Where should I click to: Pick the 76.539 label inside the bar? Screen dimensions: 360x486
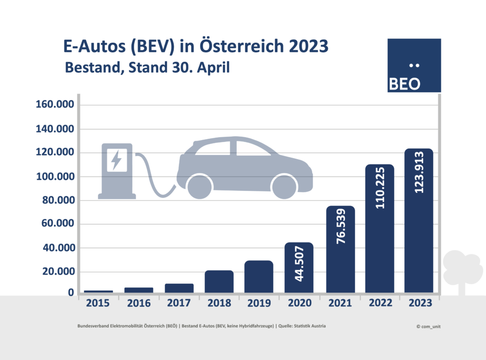click(x=340, y=230)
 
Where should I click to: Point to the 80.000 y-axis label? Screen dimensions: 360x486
click(x=55, y=200)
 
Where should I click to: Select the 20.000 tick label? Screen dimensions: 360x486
click(x=55, y=272)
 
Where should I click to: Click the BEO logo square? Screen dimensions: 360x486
click(x=414, y=65)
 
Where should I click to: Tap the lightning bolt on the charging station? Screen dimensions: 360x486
click(x=116, y=160)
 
